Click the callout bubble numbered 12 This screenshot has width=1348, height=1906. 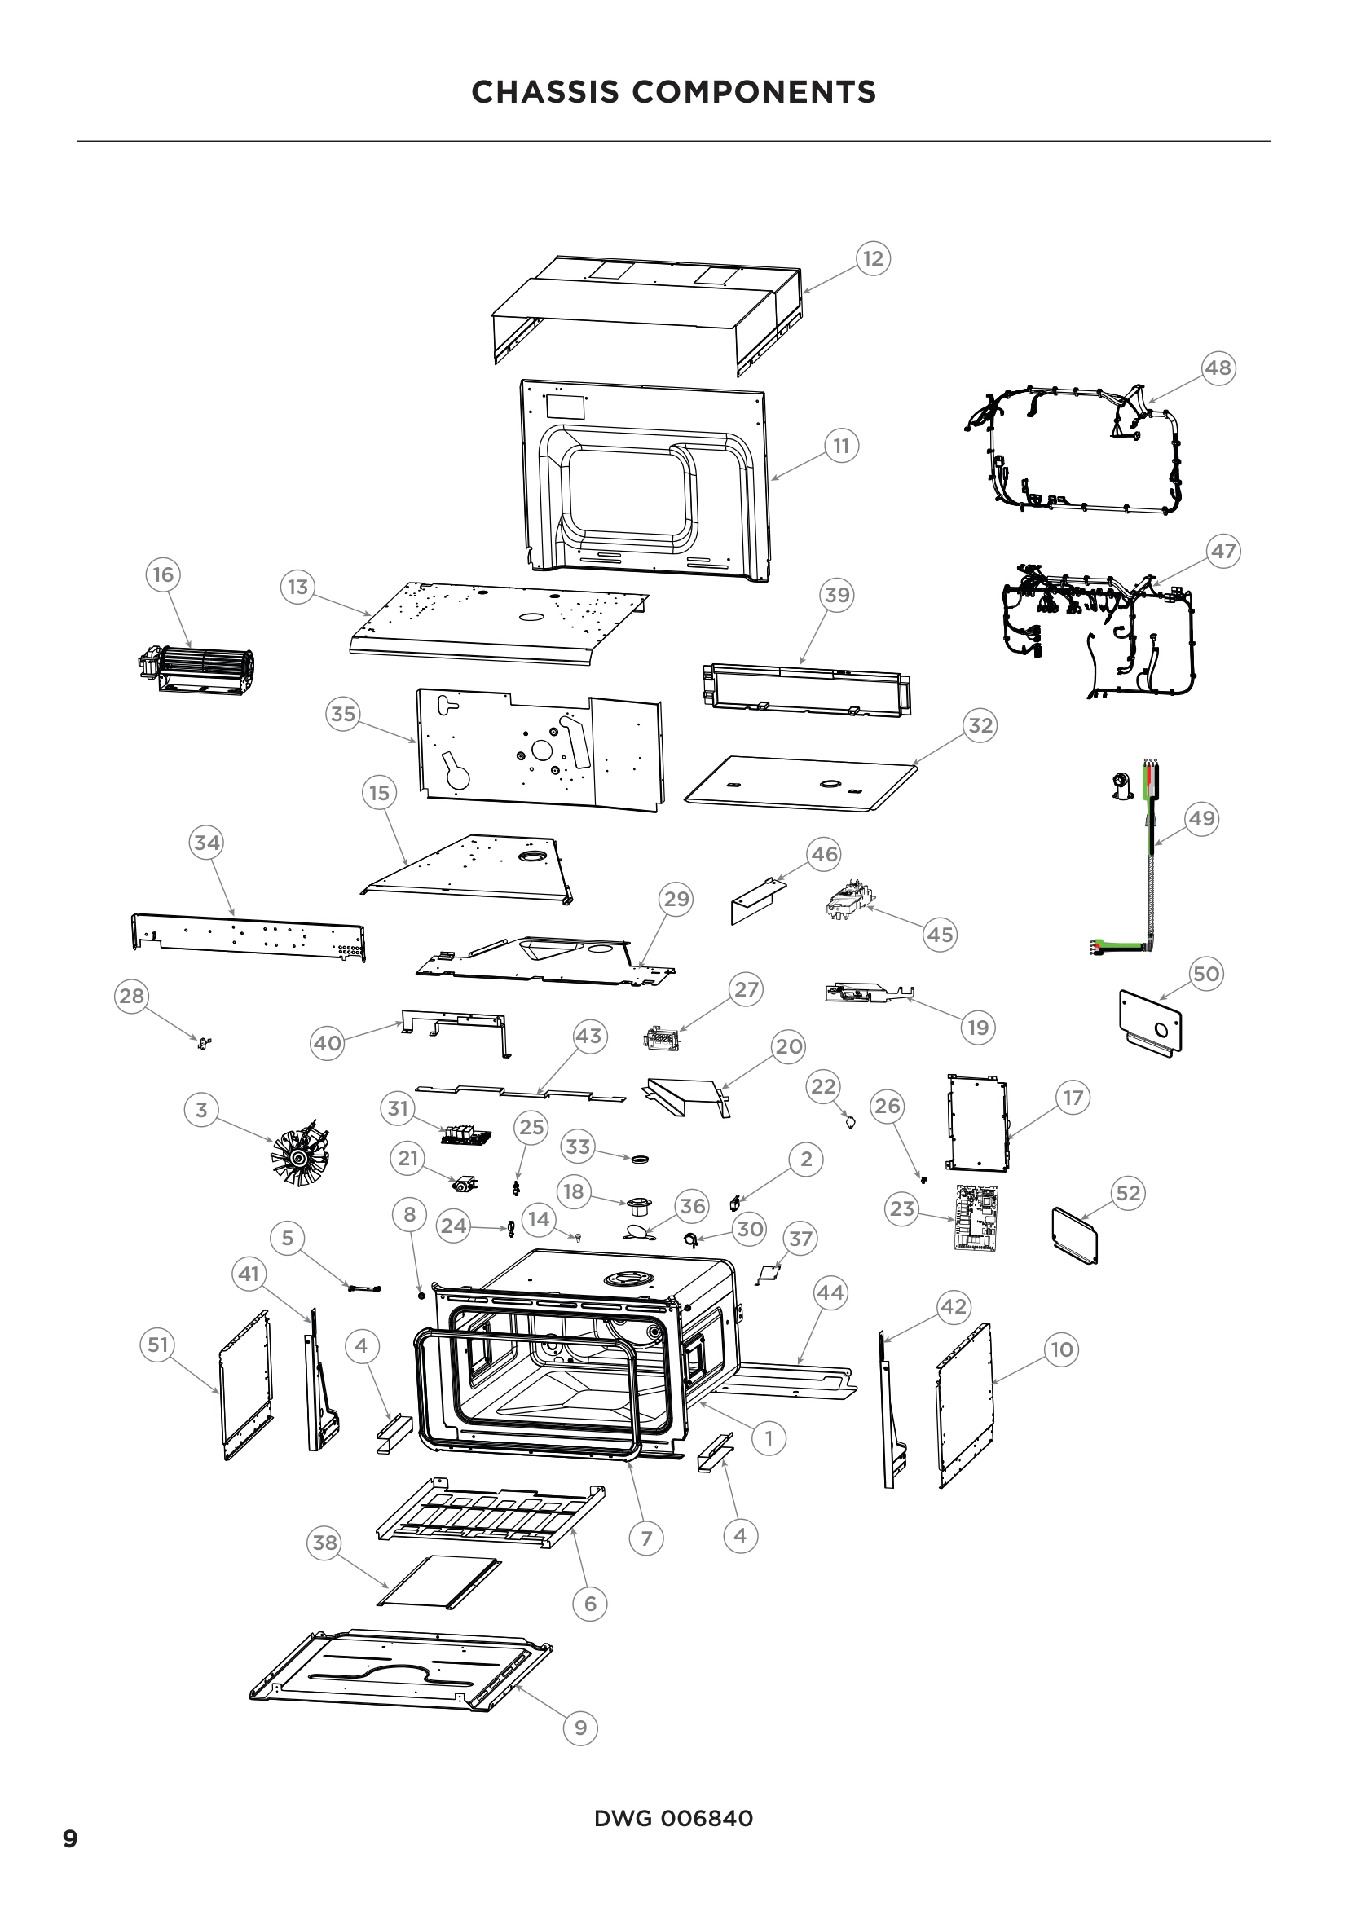[x=872, y=258]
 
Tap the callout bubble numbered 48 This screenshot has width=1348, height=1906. [x=1218, y=367]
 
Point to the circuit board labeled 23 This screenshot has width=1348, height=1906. [x=977, y=1217]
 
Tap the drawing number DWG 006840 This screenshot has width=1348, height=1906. [x=673, y=1818]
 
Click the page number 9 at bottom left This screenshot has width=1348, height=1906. [x=71, y=1838]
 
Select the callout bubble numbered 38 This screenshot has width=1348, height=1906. [x=324, y=1542]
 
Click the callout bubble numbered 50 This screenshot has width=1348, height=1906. [x=1205, y=973]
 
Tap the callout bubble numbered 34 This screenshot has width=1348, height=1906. [x=207, y=843]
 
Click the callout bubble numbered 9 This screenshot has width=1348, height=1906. [x=580, y=1728]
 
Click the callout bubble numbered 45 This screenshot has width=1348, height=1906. [x=940, y=934]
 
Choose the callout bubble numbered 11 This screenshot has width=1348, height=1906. [x=841, y=446]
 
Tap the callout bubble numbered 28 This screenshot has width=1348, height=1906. [x=131, y=995]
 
